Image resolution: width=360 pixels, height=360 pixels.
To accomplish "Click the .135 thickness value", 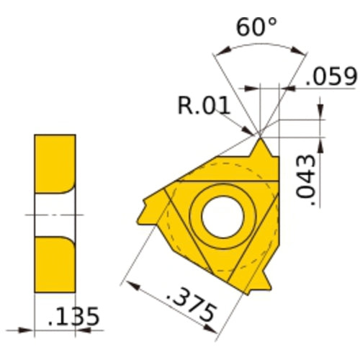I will tap(72, 316).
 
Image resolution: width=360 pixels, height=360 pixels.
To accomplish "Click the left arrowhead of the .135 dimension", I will tap(29, 331).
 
